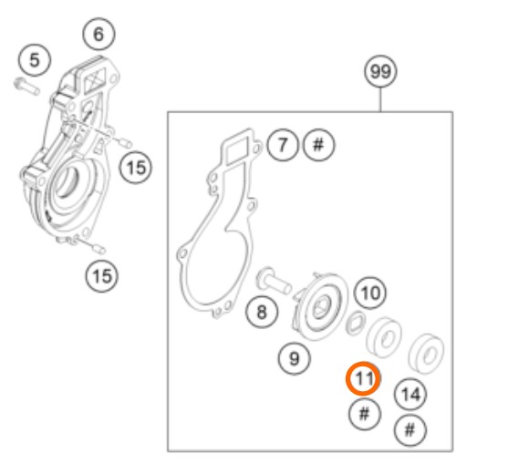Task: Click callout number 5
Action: coord(35,60)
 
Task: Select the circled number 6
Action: coord(98,35)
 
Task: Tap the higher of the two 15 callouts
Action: coord(136,168)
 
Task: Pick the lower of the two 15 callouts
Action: coord(102,276)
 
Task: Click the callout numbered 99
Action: coord(380,71)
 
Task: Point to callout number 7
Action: coord(283,145)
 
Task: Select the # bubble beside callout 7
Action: coord(319,145)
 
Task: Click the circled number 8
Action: coord(262,312)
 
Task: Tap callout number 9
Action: coord(295,358)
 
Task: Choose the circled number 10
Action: coord(370,294)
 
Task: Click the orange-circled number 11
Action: coord(363,378)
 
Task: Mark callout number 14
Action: coord(410,395)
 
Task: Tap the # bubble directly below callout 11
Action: coord(365,414)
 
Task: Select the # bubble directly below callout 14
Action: coord(410,430)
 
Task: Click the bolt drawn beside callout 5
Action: coord(27,86)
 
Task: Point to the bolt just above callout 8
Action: coord(275,281)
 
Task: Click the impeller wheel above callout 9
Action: coord(321,305)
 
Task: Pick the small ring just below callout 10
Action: coord(356,323)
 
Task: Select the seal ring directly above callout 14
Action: coord(427,354)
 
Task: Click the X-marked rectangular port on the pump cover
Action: coord(94,78)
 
